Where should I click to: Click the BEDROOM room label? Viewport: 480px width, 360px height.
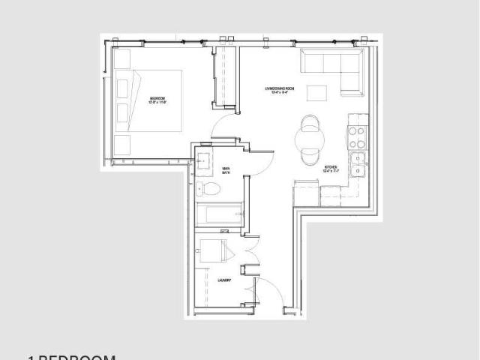157,99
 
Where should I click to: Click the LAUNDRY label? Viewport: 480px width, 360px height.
223,280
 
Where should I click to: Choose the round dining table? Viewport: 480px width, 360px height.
309,137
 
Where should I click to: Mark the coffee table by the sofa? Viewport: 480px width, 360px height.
317,94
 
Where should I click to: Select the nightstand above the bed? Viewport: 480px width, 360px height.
122,60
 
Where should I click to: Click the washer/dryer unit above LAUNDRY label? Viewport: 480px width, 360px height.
212,250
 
